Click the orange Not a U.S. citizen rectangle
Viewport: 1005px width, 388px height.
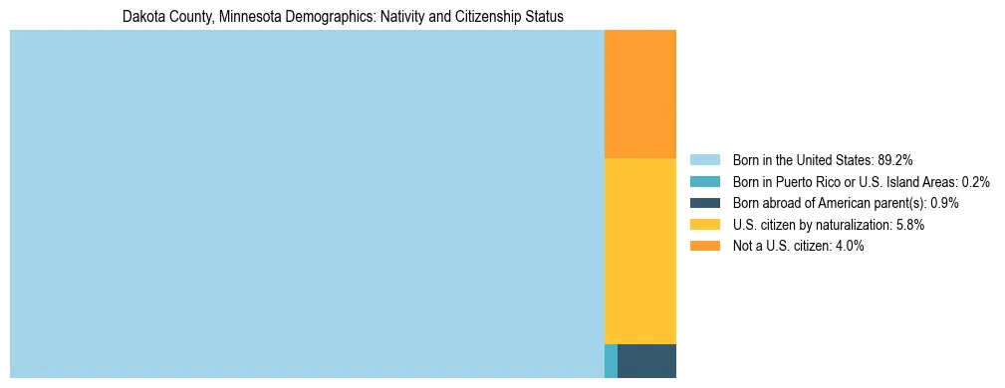coord(639,94)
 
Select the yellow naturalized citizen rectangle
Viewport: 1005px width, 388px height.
coord(639,251)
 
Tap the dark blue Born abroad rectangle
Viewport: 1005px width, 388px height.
coord(646,360)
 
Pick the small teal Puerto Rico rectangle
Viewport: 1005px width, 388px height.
coord(611,360)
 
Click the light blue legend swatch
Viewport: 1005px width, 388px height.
coord(704,160)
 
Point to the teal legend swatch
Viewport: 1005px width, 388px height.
coord(704,182)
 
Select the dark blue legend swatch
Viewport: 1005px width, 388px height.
coord(704,203)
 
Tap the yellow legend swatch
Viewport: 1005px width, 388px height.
coord(704,225)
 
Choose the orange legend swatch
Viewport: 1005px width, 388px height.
coord(704,246)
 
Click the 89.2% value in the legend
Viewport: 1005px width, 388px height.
coord(895,160)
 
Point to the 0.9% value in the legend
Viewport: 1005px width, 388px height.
coord(944,203)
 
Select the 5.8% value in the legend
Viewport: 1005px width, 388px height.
coord(910,225)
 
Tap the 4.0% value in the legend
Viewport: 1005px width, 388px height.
coord(850,246)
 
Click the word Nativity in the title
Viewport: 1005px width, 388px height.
coord(391,17)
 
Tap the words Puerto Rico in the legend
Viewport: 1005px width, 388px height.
coord(809,182)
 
